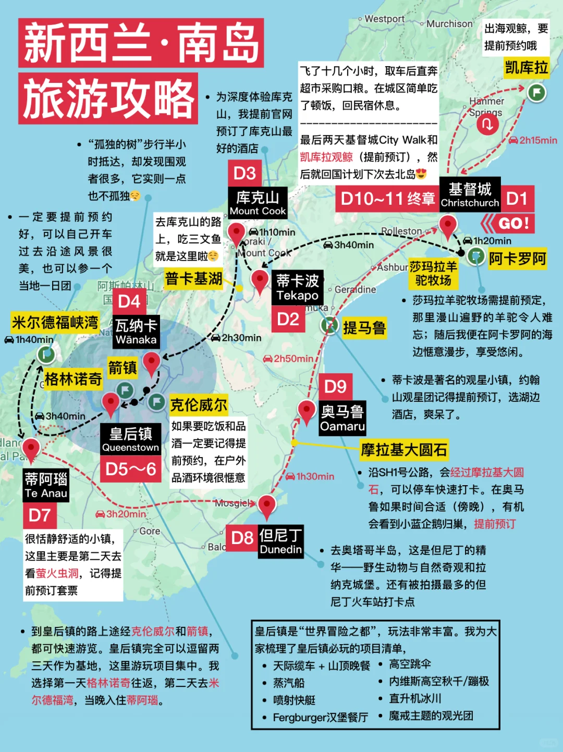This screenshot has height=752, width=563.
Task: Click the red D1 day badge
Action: coord(517,199)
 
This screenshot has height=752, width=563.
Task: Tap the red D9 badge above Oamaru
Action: coord(335,387)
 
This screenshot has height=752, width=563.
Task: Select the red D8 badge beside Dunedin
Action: coord(242,538)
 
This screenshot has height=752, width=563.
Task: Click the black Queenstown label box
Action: coord(130,439)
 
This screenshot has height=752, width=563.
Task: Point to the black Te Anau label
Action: coord(46,486)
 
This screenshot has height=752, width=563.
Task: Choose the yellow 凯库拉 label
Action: coord(527,68)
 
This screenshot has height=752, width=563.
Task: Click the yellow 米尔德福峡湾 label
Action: coord(55,323)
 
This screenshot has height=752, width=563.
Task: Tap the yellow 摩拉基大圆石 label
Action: coord(404,449)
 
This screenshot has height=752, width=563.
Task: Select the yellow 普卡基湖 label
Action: coord(193,279)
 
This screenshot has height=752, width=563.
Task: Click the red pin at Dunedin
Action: coord(266,504)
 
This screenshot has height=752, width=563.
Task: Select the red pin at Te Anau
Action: coord(31,448)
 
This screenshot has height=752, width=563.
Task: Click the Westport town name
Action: coord(384,19)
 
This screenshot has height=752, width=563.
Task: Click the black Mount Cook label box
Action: coord(258,203)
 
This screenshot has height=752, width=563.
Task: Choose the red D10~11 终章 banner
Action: coord(387,199)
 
